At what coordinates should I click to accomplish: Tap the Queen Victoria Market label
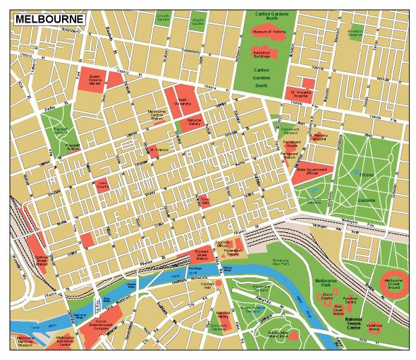click(x=95, y=79)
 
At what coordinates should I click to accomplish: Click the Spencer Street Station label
click(x=41, y=261)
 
